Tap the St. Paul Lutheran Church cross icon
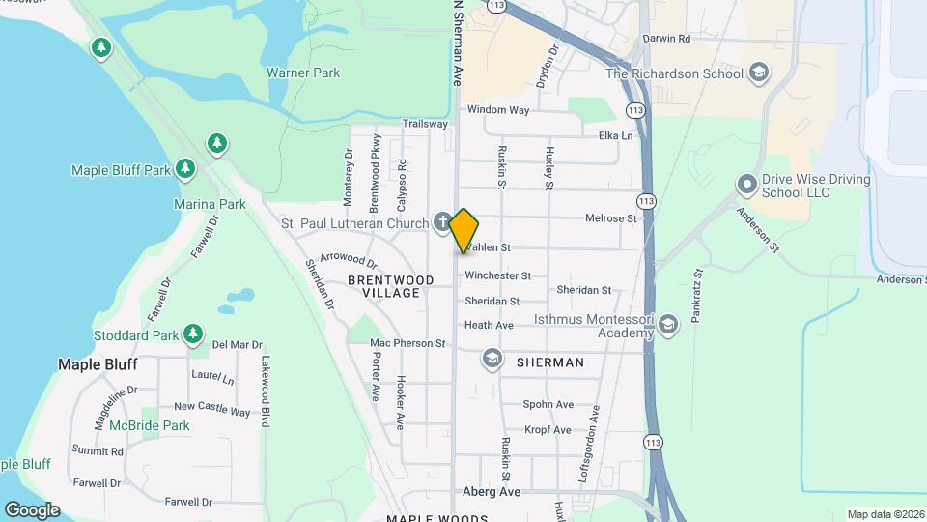[x=442, y=223]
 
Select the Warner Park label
[x=303, y=72]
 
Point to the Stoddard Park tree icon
[x=194, y=334]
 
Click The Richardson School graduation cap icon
[x=759, y=73]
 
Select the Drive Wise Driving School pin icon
[x=745, y=184]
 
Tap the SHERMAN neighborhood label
[x=549, y=362]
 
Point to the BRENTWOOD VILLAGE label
[x=391, y=286]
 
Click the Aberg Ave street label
[x=492, y=492]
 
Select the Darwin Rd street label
[x=670, y=39]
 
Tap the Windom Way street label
[x=498, y=110]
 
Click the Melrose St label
[x=610, y=218]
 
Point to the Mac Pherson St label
[x=407, y=343]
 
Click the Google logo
[x=32, y=509]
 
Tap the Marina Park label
[x=210, y=204]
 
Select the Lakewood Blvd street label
[x=264, y=391]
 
